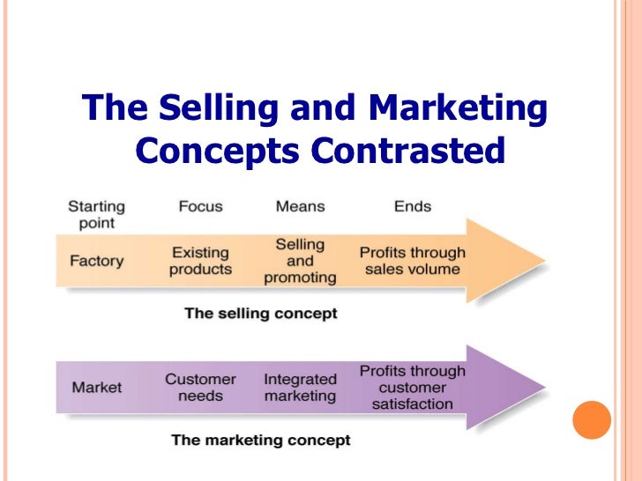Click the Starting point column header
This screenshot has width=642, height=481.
(x=96, y=214)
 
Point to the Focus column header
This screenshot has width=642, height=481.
(x=200, y=206)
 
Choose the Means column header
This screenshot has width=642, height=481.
(x=300, y=206)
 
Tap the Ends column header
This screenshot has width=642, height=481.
(x=412, y=206)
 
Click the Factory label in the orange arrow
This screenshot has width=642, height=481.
(x=96, y=262)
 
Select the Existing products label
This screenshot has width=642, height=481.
(x=200, y=261)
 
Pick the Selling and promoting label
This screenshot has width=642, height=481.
(x=300, y=261)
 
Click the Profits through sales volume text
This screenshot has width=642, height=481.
(x=412, y=261)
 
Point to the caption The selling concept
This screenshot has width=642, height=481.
(x=260, y=314)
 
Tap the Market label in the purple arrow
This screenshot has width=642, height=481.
(x=96, y=388)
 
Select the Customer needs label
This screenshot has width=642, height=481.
(x=200, y=388)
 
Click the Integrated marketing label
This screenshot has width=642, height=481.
(x=300, y=388)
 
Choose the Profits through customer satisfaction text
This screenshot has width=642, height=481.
(x=412, y=388)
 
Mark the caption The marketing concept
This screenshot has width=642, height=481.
(x=260, y=440)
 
